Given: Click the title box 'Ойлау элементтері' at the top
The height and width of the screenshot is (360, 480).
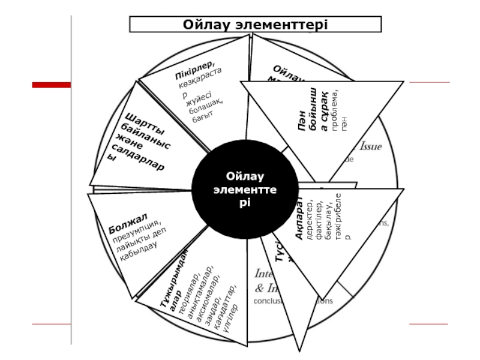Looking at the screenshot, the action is [x=256, y=24].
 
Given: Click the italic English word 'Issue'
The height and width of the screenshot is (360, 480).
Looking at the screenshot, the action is [x=370, y=146].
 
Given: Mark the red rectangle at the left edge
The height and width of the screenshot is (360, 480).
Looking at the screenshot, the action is [x=51, y=85].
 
